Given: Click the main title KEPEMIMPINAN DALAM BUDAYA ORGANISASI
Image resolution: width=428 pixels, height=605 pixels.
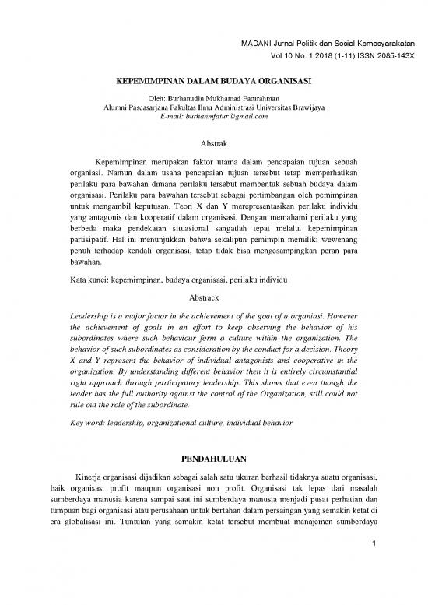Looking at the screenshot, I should tap(214, 79).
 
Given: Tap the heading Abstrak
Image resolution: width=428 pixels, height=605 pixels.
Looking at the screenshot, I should tap(214, 145).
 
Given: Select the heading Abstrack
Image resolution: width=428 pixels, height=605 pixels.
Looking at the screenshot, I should tap(214, 298).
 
